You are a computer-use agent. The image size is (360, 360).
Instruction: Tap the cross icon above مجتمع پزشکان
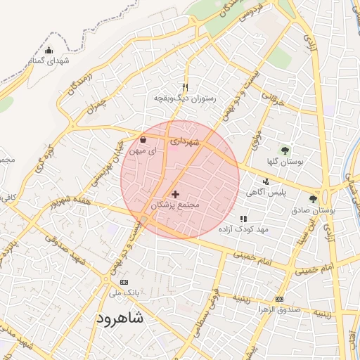(x=175, y=194)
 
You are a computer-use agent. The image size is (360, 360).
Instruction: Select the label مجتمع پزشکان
(x=176, y=205)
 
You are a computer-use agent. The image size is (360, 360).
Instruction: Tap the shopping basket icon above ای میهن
(x=143, y=139)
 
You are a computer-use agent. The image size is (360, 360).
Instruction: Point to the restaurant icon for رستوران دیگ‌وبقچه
(x=186, y=87)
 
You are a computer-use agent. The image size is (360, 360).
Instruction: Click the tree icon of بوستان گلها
(x=285, y=150)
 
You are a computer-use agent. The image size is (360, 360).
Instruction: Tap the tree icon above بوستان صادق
(x=313, y=200)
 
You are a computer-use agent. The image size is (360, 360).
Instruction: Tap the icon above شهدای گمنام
(x=49, y=50)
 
